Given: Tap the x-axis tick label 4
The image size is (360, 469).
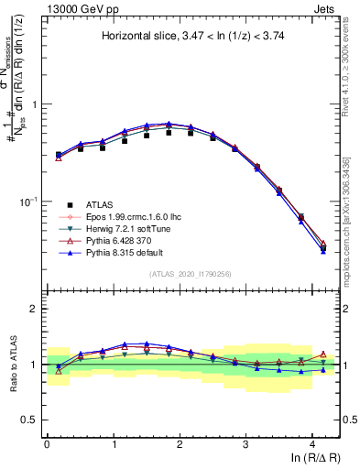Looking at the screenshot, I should click(311, 442).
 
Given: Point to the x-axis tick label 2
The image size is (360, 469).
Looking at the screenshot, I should click(180, 442).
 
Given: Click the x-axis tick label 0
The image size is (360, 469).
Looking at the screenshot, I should click(47, 442).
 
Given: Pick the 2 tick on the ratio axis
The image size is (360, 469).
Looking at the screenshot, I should click(34, 309).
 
